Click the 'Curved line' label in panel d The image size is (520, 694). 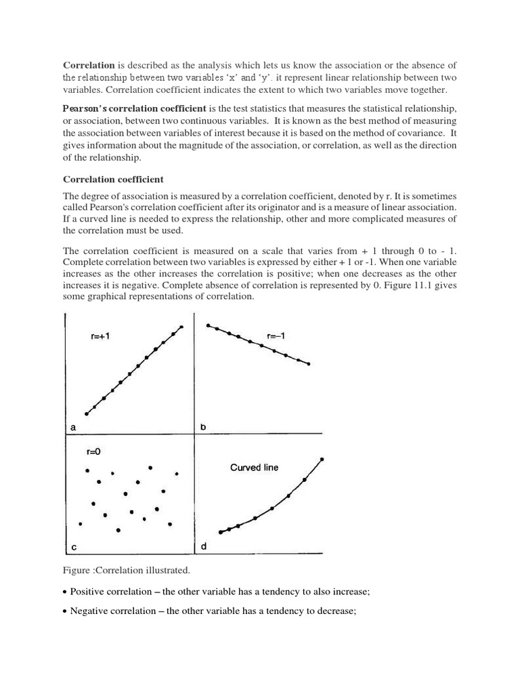click(254, 467)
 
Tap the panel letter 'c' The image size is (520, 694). click(72, 546)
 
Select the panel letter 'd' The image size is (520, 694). click(202, 546)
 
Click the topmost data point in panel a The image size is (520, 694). click(181, 327)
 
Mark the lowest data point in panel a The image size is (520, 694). click(86, 413)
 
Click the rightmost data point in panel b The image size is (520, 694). click(309, 364)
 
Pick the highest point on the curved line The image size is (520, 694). click(322, 459)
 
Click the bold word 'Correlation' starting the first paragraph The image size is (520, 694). click(89, 65)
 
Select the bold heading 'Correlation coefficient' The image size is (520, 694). click(113, 179)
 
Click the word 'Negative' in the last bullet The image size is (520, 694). click(88, 611)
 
